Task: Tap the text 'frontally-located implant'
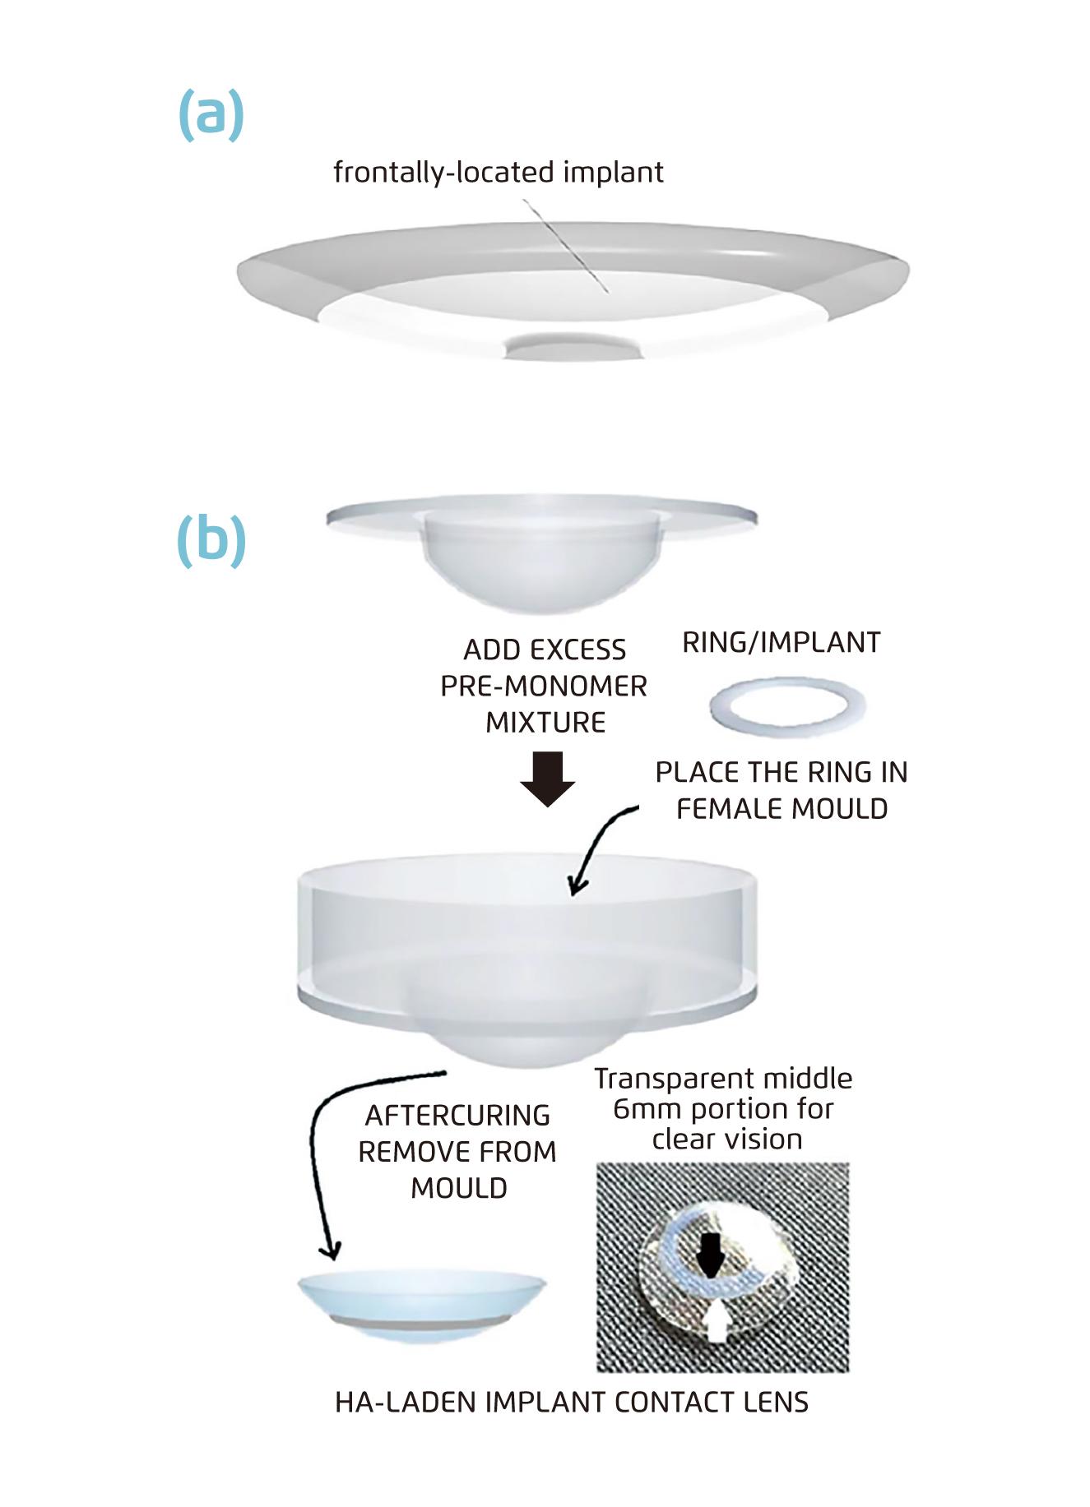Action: (498, 173)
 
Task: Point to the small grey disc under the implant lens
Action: (573, 346)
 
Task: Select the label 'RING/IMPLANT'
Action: (781, 642)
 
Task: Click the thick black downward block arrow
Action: (547, 778)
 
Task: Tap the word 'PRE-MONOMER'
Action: (544, 686)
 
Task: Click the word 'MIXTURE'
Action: (545, 722)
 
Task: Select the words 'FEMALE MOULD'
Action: (782, 809)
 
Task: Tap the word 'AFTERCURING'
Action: (457, 1116)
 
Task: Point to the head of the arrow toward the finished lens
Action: (331, 1250)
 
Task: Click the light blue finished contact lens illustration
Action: (421, 1303)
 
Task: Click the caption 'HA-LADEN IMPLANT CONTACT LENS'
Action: (571, 1402)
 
